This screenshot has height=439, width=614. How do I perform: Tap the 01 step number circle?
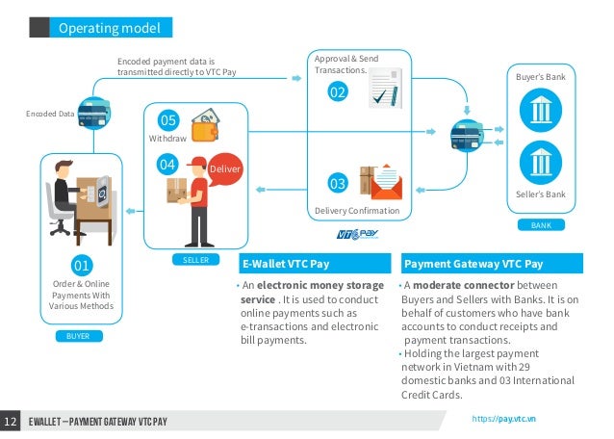coord(81,265)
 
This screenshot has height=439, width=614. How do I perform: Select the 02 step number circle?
coord(337,93)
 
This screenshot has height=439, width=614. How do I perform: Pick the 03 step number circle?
coord(337,183)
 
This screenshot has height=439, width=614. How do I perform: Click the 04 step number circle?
coord(167,165)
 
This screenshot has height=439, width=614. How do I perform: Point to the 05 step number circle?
coord(167,120)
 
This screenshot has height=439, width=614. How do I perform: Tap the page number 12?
coord(12,422)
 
